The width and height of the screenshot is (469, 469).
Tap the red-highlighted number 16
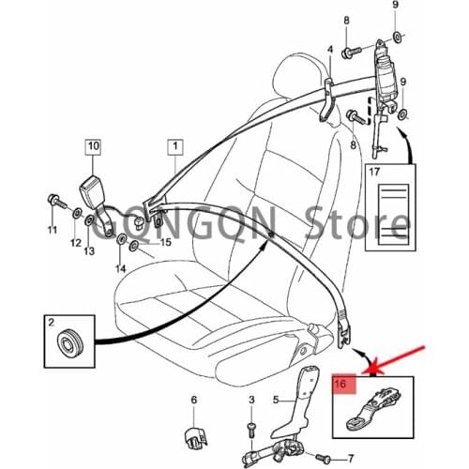pyautogui.click(x=343, y=385)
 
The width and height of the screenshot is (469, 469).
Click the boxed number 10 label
pyautogui.click(x=93, y=146)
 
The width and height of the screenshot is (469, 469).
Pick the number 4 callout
pyautogui.click(x=329, y=49)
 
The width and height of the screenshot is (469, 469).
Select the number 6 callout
pyautogui.click(x=194, y=401)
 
